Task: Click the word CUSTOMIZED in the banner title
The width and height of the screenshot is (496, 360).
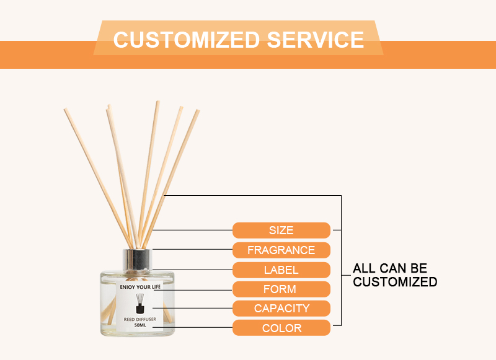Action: tap(187, 40)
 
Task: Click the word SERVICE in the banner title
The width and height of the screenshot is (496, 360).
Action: tap(316, 40)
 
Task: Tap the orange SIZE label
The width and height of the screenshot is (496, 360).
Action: tap(281, 230)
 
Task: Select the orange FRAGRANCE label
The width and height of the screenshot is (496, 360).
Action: tap(281, 250)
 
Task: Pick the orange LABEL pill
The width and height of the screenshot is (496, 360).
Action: tap(281, 270)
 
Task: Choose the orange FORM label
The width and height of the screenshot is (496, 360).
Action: tap(281, 289)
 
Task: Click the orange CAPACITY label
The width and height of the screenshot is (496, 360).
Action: tap(281, 309)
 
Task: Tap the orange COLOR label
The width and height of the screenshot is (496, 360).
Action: tap(281, 328)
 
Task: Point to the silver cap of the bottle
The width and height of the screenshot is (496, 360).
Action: tap(137, 260)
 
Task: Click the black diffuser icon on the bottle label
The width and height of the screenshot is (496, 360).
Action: tap(140, 304)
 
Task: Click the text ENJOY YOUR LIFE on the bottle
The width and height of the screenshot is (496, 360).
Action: tap(140, 287)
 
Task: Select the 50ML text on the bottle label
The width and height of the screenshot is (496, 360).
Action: tap(140, 325)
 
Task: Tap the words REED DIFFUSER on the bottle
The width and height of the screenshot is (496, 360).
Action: tap(140, 319)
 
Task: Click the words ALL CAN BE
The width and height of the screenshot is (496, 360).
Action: tap(390, 268)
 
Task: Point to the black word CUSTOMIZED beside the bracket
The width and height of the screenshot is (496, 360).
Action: tap(395, 281)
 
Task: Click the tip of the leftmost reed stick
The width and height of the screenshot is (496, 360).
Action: tap(66, 109)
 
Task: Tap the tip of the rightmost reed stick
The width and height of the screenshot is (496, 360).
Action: tap(198, 111)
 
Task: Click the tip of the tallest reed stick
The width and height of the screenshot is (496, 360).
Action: tap(158, 102)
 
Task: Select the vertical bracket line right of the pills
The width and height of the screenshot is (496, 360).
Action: tap(342, 260)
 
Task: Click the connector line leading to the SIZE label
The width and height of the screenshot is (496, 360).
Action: tap(192, 230)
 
